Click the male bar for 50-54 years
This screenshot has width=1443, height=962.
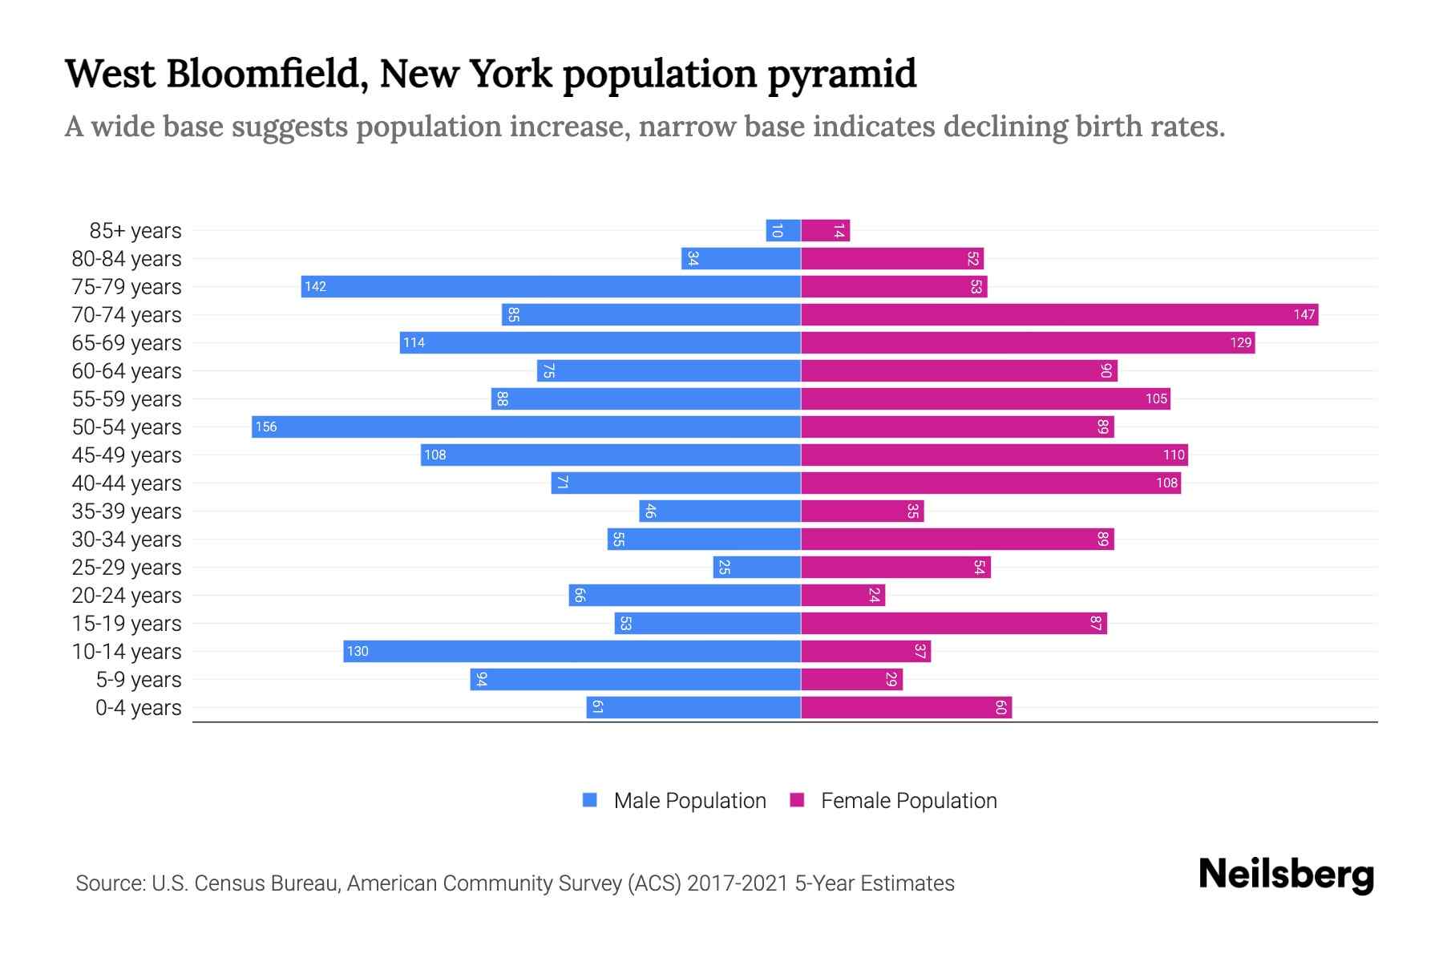pos(526,426)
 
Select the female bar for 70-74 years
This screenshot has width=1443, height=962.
pos(1059,314)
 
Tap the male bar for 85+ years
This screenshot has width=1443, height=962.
pos(783,231)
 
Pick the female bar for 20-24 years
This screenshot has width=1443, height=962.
pos(843,596)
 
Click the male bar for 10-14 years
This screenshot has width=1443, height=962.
pos(572,651)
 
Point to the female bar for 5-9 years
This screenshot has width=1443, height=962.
pos(851,680)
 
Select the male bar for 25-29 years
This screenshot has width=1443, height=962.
pos(757,568)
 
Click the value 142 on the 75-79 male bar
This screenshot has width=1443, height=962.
pos(315,287)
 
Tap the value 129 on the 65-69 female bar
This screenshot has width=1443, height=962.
pos(1240,343)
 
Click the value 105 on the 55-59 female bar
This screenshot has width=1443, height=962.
pos(1156,399)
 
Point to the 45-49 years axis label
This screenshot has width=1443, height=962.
pos(127,455)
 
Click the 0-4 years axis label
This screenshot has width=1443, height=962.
pos(138,708)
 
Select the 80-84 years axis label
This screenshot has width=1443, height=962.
pos(127,259)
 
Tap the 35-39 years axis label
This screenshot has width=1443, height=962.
pos(127,511)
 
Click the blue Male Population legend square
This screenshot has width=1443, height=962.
pos(590,800)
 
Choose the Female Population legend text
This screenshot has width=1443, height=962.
pos(908,801)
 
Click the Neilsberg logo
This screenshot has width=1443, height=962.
pos(1286,875)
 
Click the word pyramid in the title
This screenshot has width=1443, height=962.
pos(842,75)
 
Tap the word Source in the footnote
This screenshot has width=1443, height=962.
pos(110,883)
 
